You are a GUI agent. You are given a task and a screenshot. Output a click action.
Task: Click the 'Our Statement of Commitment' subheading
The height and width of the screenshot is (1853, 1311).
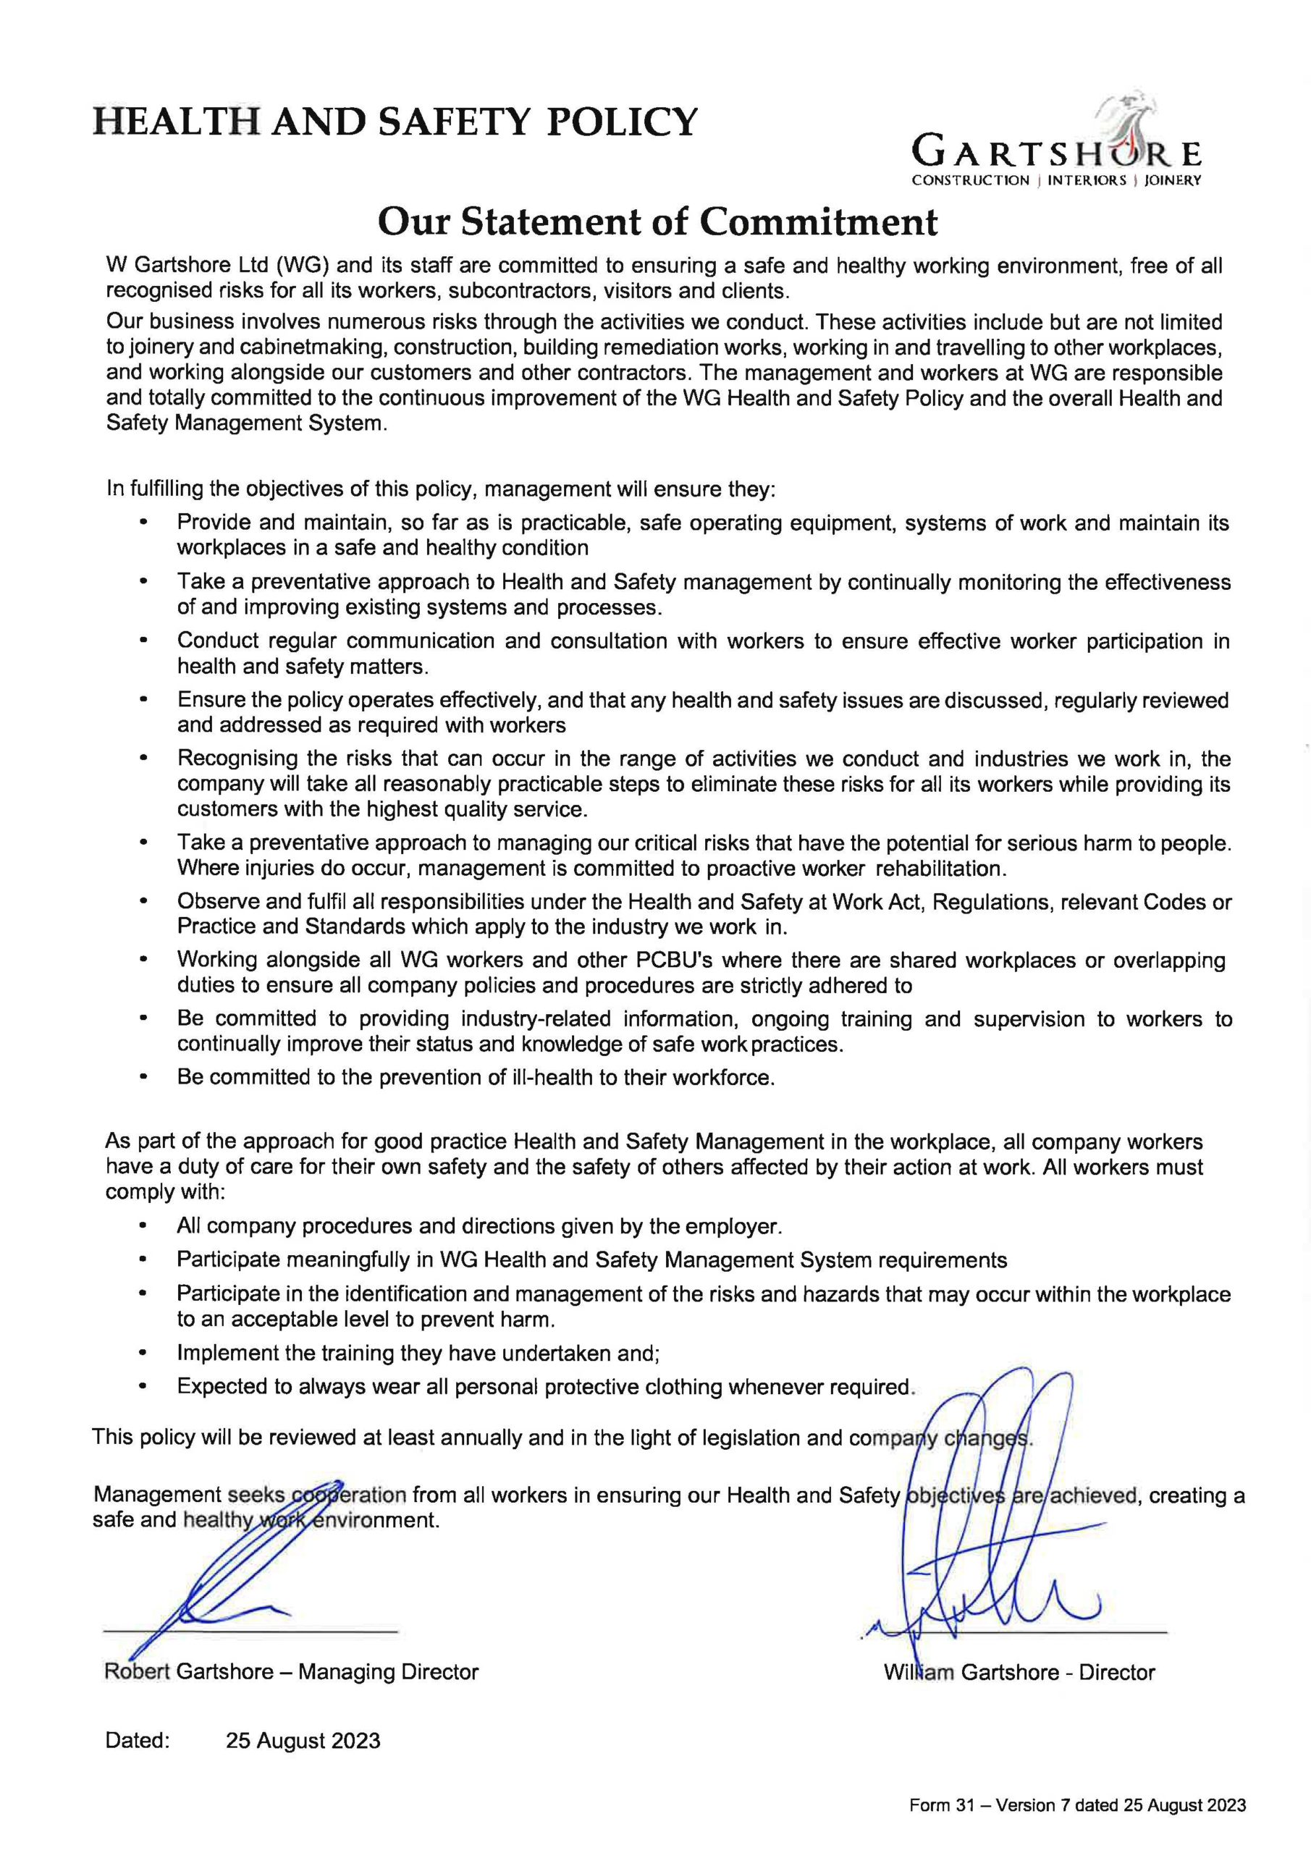[658, 221]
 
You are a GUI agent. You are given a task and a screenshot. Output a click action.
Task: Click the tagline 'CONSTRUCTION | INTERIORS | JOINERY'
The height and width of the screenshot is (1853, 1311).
[1056, 180]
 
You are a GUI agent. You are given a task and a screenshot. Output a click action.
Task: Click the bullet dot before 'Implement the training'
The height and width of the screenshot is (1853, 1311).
[143, 1353]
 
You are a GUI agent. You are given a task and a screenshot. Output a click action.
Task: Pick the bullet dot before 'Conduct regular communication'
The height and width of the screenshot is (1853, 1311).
[143, 641]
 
